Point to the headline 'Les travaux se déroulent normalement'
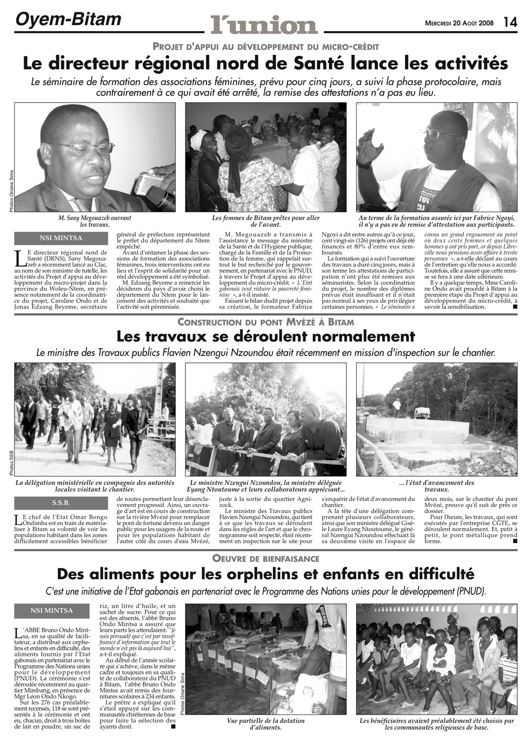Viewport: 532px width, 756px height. (x=266, y=336)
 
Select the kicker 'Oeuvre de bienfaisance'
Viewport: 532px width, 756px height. (x=266, y=558)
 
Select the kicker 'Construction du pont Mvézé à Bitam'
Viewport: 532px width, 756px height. (x=266, y=322)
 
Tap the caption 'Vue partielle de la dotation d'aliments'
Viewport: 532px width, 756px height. (x=266, y=724)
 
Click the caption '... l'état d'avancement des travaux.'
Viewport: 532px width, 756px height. (x=436, y=486)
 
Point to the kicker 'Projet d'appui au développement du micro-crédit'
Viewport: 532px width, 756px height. (x=266, y=46)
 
